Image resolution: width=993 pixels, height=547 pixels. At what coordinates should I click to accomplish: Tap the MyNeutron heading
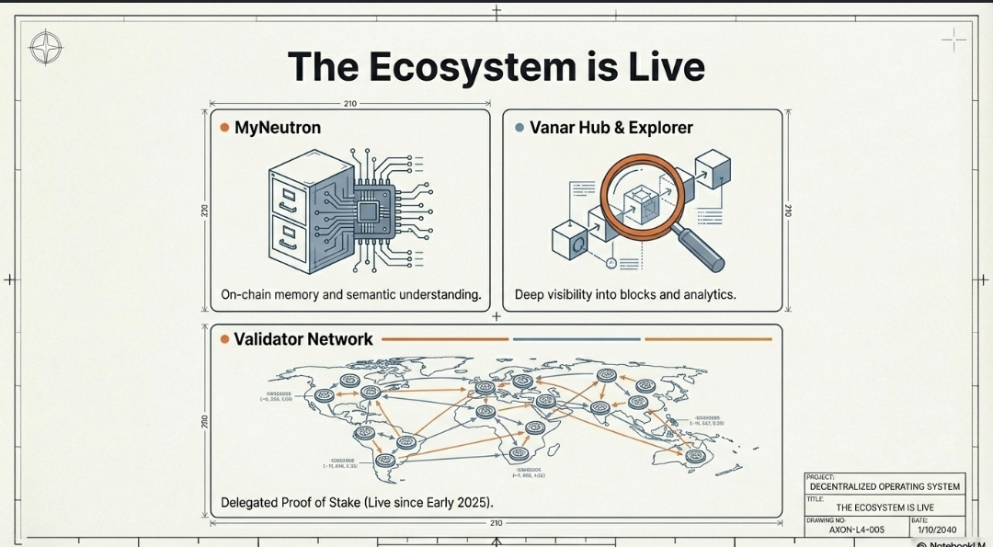[x=278, y=128]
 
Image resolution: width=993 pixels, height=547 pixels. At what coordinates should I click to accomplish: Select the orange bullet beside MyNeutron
[x=224, y=128]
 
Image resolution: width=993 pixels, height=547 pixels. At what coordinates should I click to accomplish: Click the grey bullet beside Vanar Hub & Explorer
[x=519, y=128]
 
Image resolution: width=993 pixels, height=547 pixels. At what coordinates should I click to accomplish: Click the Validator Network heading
[x=303, y=339]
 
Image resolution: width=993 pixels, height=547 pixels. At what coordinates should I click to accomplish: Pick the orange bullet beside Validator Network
[x=224, y=339]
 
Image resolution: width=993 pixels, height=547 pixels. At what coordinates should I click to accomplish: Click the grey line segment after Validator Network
[x=576, y=339]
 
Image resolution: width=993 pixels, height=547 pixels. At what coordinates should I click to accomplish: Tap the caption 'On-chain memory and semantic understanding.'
[x=351, y=295]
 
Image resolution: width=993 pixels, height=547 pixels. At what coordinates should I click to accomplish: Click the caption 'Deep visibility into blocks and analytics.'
[x=625, y=295]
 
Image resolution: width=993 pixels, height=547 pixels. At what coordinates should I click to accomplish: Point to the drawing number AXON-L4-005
[x=856, y=530]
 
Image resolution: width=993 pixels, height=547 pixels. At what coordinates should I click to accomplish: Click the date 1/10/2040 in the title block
[x=937, y=530]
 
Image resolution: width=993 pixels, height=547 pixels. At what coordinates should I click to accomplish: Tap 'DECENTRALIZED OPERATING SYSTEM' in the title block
[x=885, y=486]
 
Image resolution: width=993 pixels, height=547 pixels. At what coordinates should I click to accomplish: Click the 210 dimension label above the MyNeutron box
[x=349, y=104]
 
